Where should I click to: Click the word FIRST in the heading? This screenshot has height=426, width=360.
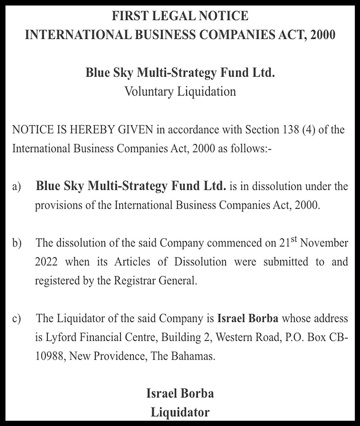(129, 16)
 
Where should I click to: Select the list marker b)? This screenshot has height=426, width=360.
(16, 244)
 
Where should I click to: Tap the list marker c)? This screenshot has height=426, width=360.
(16, 319)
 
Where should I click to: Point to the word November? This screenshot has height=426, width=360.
(324, 244)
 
